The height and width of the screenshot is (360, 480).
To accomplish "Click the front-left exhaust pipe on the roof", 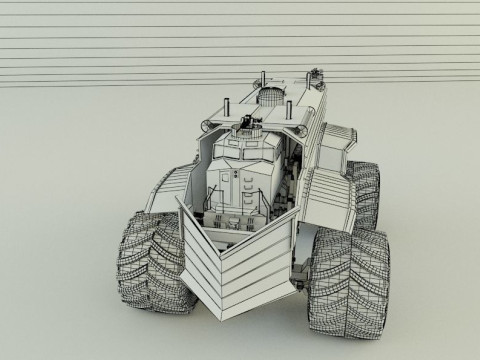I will (227, 104).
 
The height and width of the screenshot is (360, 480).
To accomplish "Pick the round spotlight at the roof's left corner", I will (207, 125).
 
